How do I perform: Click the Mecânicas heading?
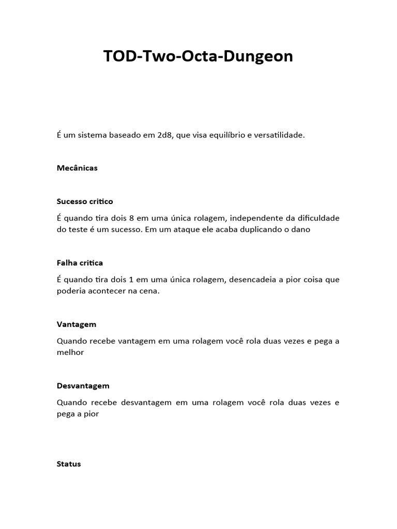pos(77,168)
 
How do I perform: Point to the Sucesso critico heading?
pos(85,201)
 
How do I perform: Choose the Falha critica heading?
pos(80,263)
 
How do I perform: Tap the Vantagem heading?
pos(77,324)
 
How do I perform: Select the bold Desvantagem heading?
pos(83,386)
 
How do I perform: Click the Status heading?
pos(69,464)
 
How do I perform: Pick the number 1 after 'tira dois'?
pos(131,279)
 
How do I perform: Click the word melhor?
pos(70,352)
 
